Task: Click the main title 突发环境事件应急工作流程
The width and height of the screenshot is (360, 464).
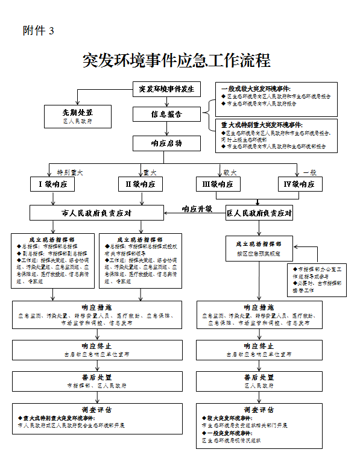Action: click(x=176, y=60)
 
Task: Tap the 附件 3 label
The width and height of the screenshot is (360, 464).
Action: click(x=39, y=31)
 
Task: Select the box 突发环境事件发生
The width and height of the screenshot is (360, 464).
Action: click(x=166, y=89)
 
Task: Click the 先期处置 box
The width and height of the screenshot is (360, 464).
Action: click(x=78, y=116)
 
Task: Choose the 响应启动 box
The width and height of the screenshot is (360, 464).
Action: click(x=166, y=143)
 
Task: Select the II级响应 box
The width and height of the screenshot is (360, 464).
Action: click(x=141, y=184)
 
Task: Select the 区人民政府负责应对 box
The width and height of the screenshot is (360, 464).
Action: click(x=259, y=213)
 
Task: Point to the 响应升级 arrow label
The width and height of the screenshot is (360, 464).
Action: click(x=197, y=208)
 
